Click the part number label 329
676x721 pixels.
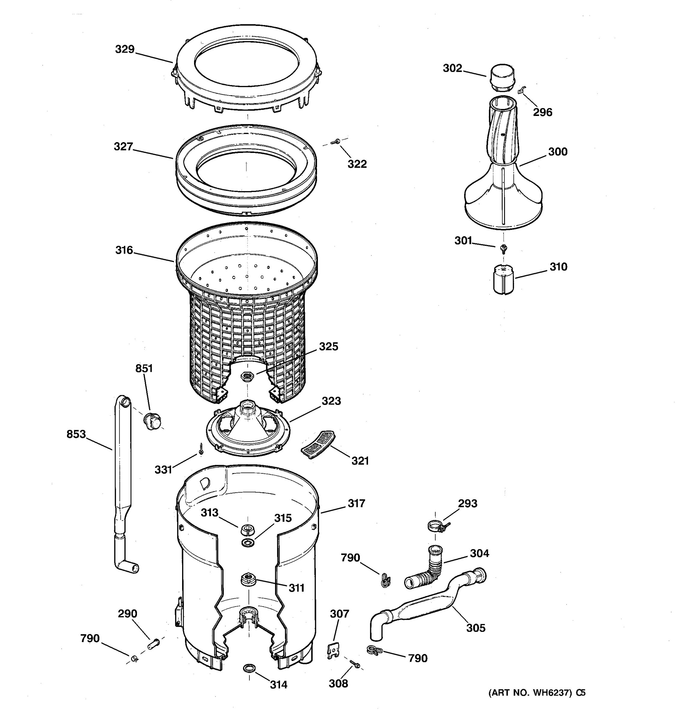[x=125, y=49]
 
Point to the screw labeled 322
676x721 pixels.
[x=336, y=142]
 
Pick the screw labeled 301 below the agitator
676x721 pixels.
[x=503, y=248]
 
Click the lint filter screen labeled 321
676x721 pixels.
[x=318, y=444]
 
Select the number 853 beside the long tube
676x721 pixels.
[x=76, y=434]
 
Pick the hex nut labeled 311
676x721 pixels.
[x=247, y=578]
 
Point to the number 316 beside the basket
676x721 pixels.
[x=124, y=250]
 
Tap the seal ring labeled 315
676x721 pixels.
[x=248, y=543]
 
